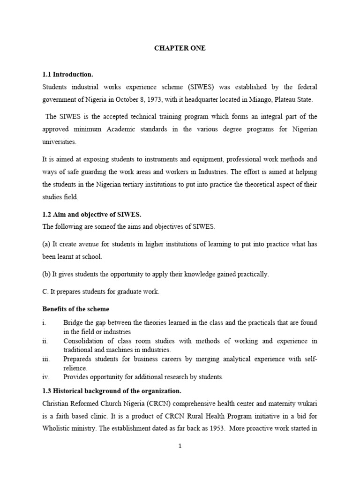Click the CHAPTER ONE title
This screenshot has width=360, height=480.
[x=180, y=48]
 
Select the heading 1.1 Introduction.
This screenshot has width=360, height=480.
[x=68, y=75]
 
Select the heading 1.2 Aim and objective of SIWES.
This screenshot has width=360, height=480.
[x=92, y=214]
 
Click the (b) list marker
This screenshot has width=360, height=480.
[x=47, y=274]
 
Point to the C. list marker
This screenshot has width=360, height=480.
[x=45, y=292]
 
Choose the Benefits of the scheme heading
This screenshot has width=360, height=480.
[x=75, y=309]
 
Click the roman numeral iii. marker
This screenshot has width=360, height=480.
[x=46, y=359]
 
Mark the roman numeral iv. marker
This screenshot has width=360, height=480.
[x=46, y=376]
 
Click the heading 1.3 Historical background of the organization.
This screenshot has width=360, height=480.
[x=112, y=390]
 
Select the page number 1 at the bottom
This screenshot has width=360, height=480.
[x=180, y=446]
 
